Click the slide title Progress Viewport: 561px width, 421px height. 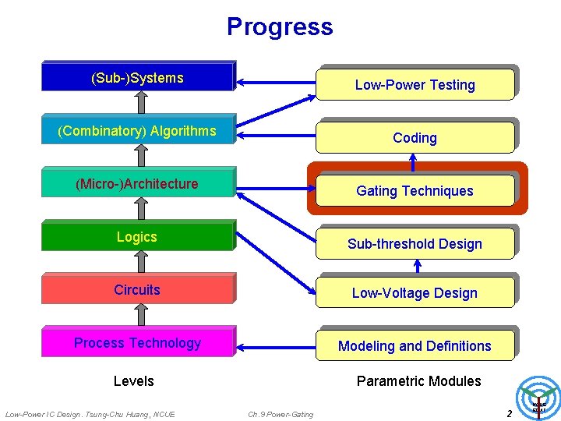(280, 27)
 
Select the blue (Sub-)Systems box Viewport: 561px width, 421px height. (137, 77)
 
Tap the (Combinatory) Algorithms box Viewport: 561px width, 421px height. (137, 130)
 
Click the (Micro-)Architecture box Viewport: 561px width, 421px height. (137, 184)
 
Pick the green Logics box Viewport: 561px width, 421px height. (137, 236)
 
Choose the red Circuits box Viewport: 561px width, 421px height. (137, 289)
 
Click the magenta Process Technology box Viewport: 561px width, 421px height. (137, 342)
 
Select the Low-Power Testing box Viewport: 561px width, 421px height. (415, 85)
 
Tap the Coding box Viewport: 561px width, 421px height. (415, 138)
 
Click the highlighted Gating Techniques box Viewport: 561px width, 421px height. (415, 191)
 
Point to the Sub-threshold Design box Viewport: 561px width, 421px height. (415, 244)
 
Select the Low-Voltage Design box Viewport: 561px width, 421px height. (415, 293)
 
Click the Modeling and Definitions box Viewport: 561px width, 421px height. (415, 346)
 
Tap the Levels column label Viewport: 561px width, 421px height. (134, 381)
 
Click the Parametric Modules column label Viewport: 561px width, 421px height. (418, 381)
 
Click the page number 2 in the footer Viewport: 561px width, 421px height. (510, 413)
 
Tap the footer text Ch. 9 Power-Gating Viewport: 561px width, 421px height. (280, 414)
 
